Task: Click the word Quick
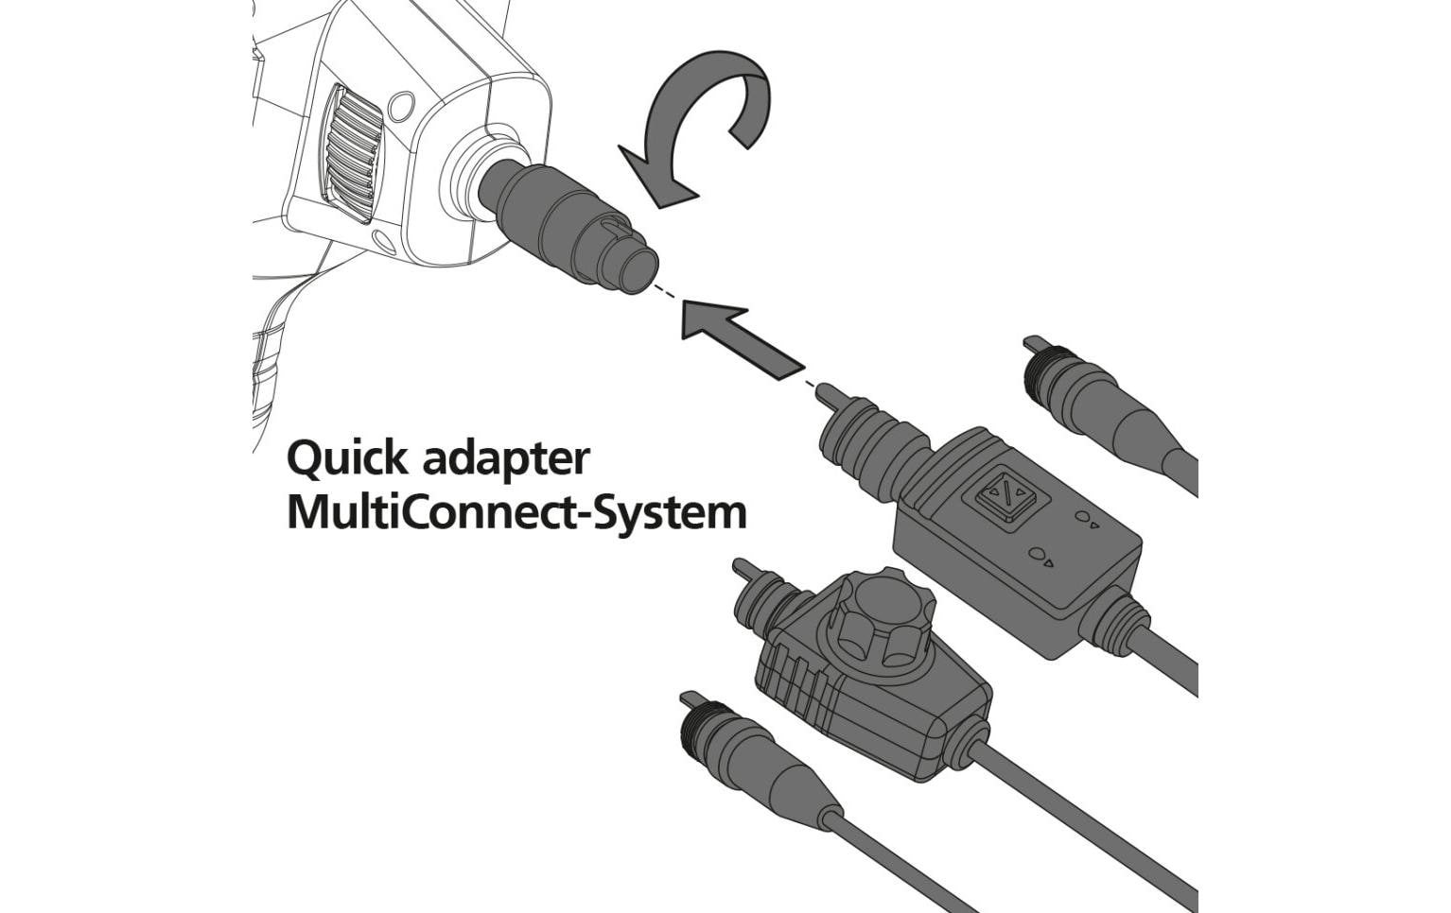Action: pyautogui.click(x=347, y=459)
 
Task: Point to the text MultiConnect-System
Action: pyautogui.click(x=516, y=512)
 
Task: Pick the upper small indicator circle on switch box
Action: pyautogui.click(x=1084, y=519)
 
